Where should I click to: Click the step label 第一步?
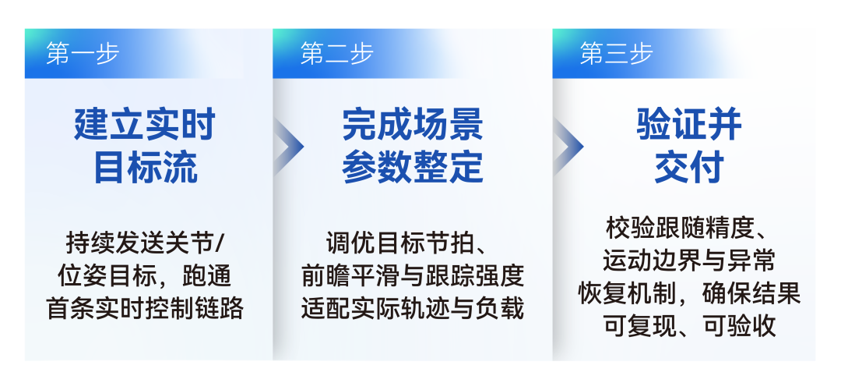[82, 54]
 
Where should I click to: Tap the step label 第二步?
[336, 54]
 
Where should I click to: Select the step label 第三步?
[616, 54]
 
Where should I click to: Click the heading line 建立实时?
[145, 124]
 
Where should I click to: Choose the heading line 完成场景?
[413, 124]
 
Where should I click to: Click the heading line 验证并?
[689, 124]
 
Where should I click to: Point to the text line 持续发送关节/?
[144, 243]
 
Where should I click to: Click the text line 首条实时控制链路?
[146, 309]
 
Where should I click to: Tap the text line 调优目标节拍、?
[406, 243]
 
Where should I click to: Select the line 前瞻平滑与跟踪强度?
[413, 276]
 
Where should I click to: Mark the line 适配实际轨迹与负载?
[413, 309]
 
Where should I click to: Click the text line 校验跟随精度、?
[688, 229]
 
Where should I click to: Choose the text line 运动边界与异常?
[689, 261]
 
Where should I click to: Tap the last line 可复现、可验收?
[689, 326]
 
